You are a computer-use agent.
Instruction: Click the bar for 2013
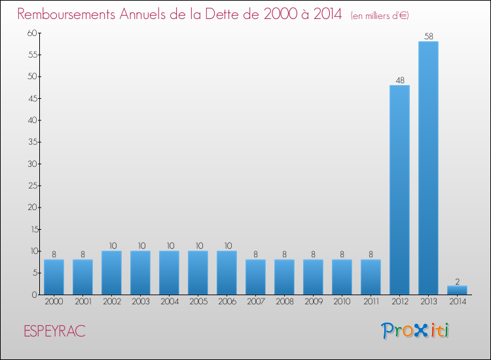(x=428, y=168)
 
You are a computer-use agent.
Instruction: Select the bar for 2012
(x=399, y=190)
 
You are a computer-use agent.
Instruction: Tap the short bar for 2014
(x=457, y=290)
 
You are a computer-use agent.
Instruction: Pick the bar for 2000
(x=54, y=277)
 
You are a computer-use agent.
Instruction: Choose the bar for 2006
(x=227, y=272)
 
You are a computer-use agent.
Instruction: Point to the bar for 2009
(x=313, y=277)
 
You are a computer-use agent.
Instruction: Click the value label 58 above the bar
(x=428, y=37)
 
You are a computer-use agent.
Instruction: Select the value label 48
(x=399, y=81)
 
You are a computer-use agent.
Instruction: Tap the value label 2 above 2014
(x=457, y=281)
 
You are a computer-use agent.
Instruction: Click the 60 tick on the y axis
(x=31, y=33)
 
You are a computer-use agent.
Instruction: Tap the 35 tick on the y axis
(x=31, y=142)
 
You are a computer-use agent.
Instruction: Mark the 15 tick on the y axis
(x=31, y=229)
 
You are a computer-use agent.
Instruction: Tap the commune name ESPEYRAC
(x=54, y=331)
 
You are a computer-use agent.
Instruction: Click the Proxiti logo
(x=415, y=331)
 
